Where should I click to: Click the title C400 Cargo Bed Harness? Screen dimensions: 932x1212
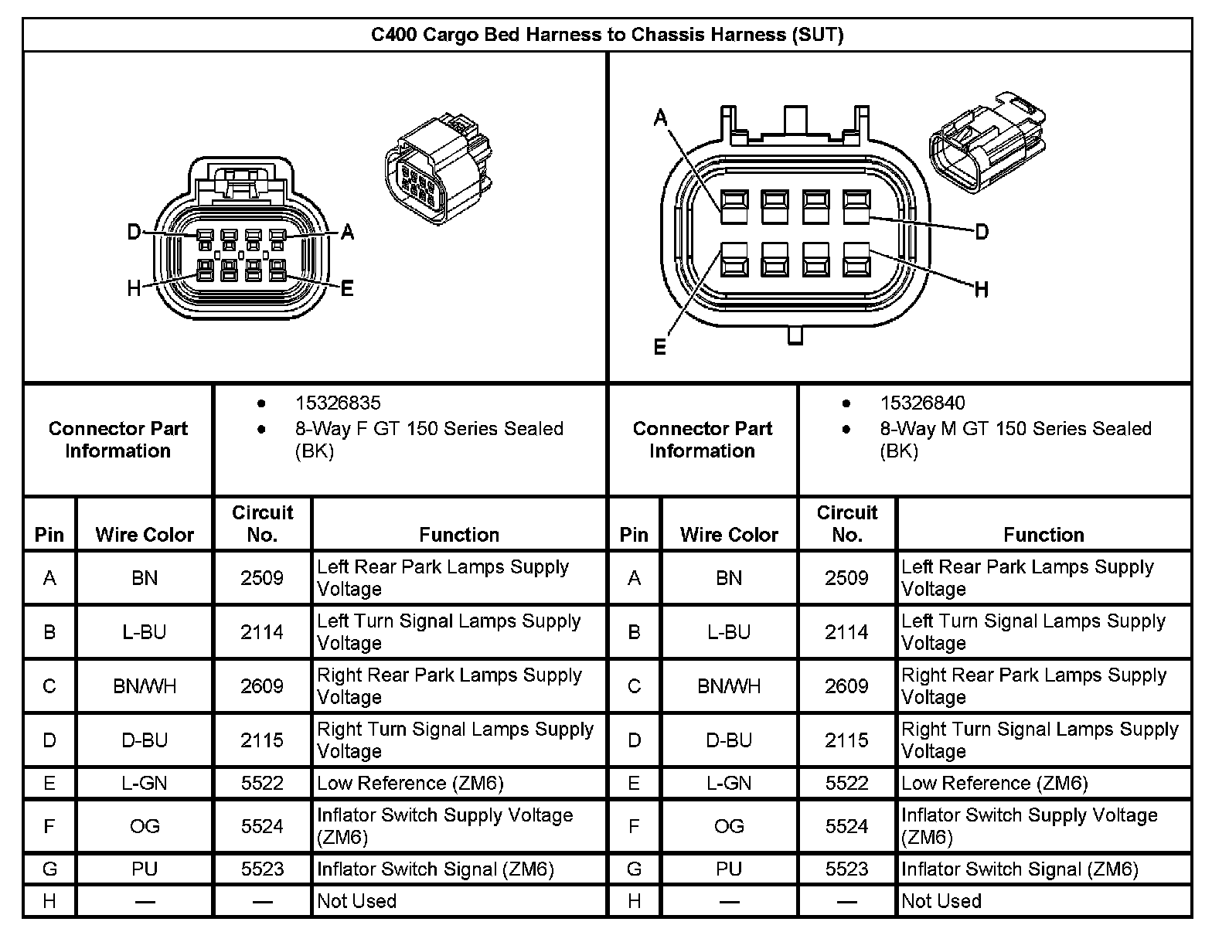[x=607, y=35]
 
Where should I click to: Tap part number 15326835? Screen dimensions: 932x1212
[x=338, y=403]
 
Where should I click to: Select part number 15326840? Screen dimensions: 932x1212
[x=922, y=403]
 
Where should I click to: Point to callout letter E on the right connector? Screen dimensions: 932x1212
[x=659, y=347]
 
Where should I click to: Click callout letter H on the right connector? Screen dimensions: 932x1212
[x=982, y=290]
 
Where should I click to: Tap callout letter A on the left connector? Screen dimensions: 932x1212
[x=347, y=232]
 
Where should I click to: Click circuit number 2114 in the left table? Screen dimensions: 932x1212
[x=262, y=632]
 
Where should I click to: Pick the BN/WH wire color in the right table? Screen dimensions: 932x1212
[x=729, y=686]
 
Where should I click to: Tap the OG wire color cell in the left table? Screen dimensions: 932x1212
[x=145, y=826]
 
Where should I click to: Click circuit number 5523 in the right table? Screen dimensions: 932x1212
[x=846, y=869]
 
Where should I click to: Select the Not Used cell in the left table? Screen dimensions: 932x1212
[x=356, y=901]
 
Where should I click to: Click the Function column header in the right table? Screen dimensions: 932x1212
[x=1043, y=535]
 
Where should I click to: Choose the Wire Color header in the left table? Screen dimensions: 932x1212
[x=145, y=535]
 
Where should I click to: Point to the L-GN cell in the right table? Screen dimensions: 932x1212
[x=729, y=784]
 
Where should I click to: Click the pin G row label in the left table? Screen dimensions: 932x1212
[x=49, y=869]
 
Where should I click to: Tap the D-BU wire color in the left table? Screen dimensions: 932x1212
[x=145, y=740]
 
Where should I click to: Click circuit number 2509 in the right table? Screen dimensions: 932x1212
[x=846, y=578]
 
